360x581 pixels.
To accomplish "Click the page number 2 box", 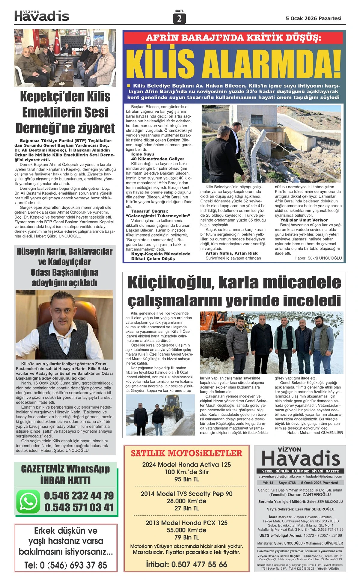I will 179,19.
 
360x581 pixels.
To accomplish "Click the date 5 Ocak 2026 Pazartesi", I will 313,18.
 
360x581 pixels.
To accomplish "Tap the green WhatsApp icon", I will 28,502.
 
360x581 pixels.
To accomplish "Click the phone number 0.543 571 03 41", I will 79,508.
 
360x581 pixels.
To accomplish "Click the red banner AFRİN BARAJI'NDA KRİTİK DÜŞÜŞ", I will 233,38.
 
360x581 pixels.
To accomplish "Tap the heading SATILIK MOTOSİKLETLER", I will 186,453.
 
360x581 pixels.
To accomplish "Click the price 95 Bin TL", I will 186,479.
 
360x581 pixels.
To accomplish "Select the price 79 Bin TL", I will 186,537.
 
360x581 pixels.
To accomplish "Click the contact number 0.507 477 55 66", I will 199,565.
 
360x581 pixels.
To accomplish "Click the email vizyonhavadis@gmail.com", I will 280,476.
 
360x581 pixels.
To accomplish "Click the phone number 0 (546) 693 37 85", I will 65,565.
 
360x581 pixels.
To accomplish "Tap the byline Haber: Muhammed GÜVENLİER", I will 315,433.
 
